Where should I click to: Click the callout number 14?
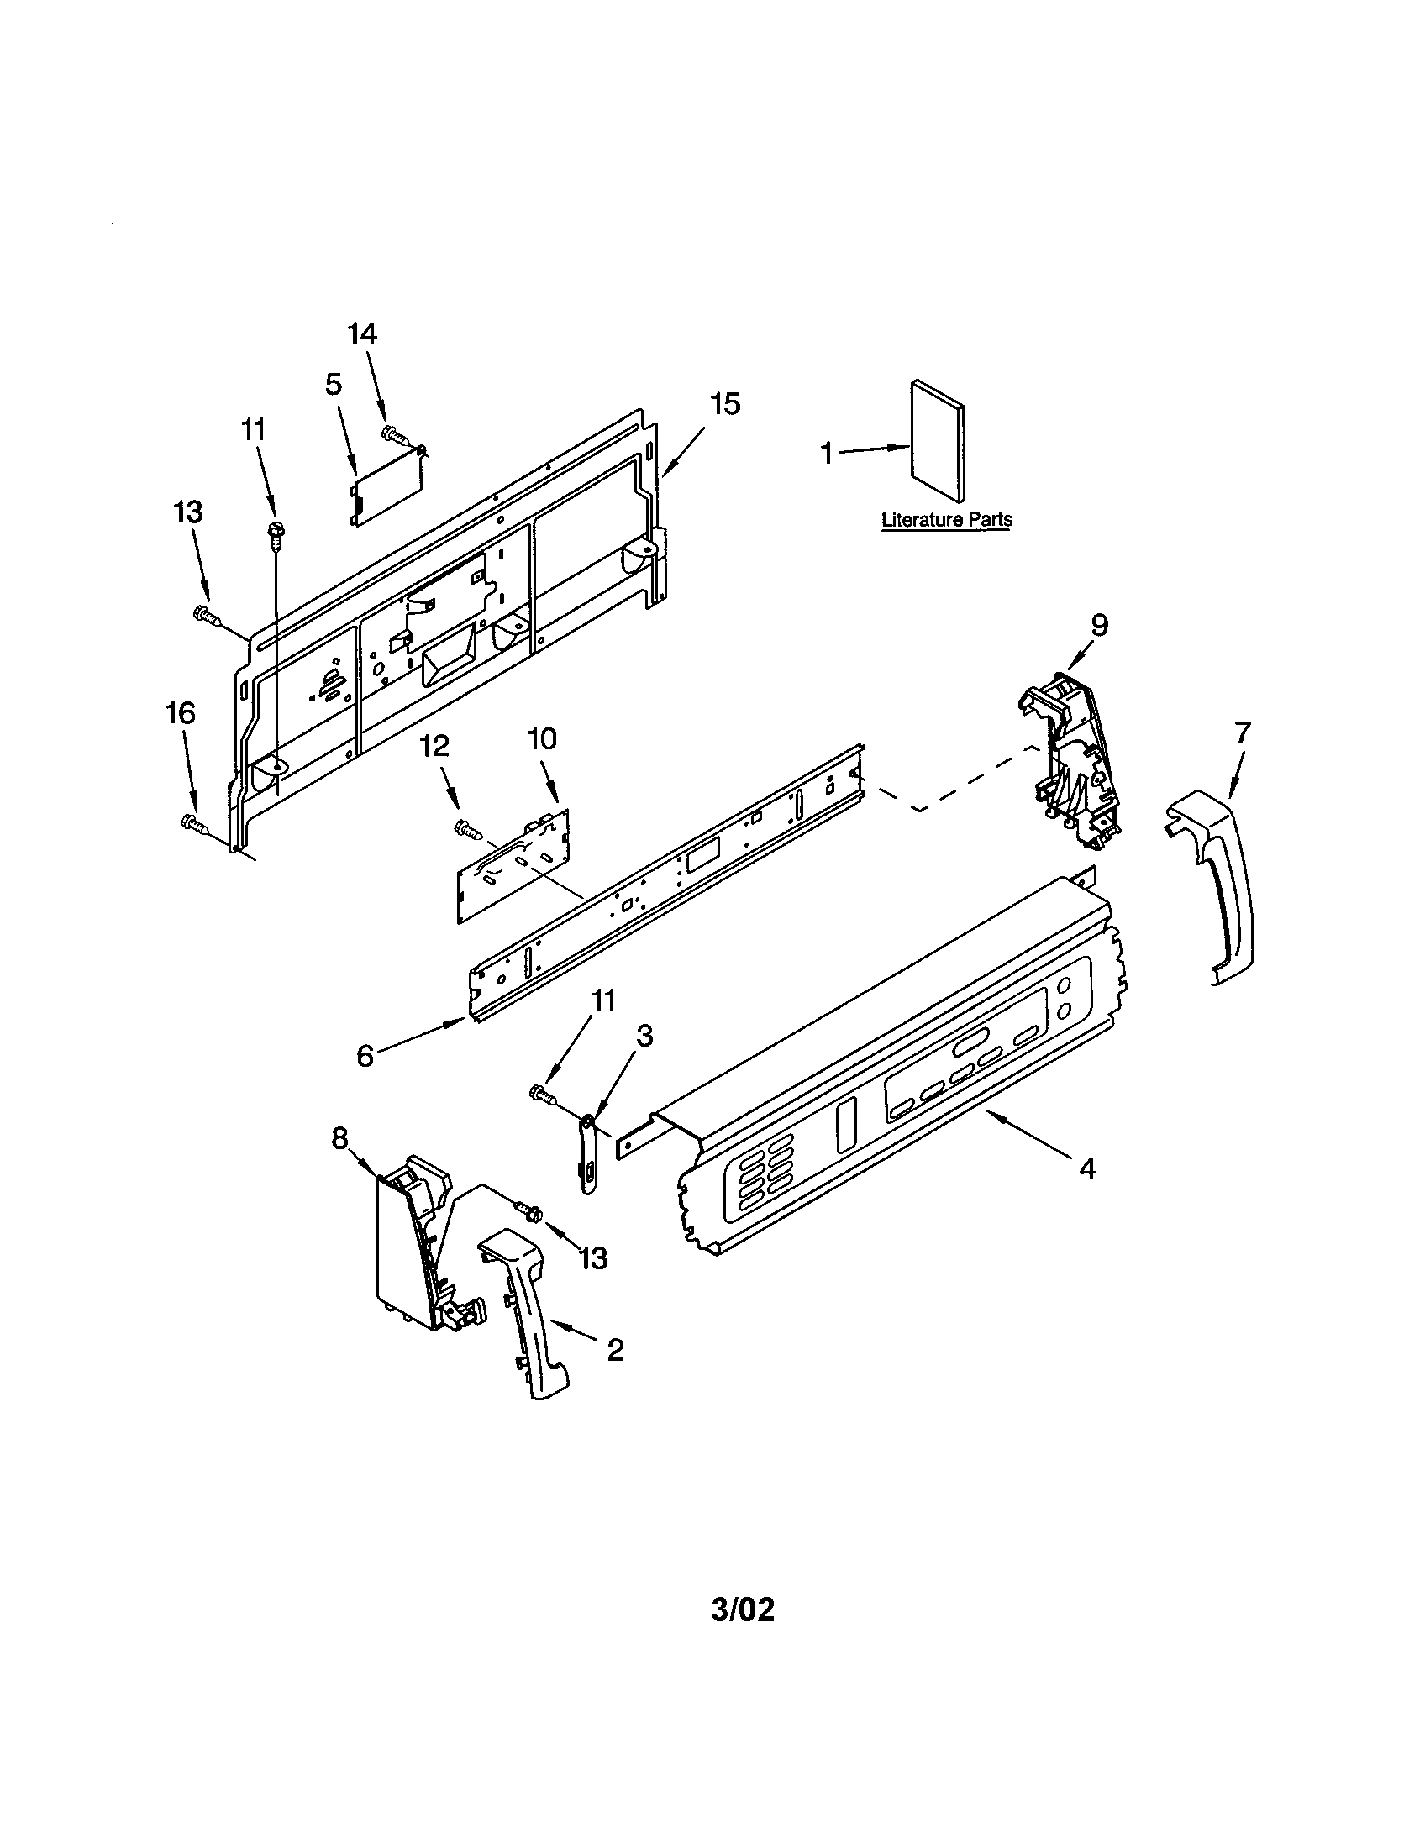pyautogui.click(x=362, y=333)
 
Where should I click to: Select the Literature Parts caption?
pyautogui.click(x=946, y=518)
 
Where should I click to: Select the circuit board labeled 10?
pyautogui.click(x=513, y=864)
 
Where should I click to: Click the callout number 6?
pyautogui.click(x=365, y=1056)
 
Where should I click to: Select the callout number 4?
pyautogui.click(x=1086, y=1168)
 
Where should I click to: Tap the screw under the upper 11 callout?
pyautogui.click(x=275, y=531)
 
